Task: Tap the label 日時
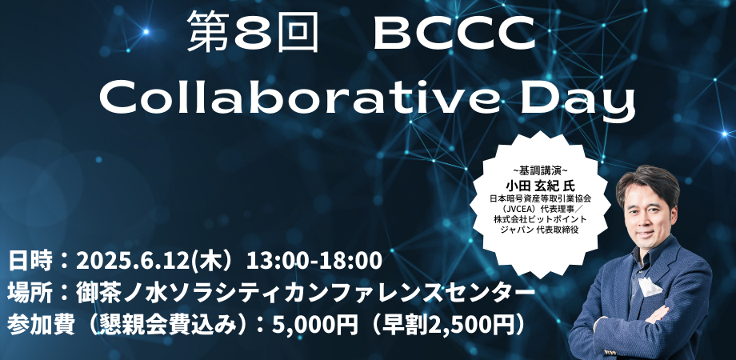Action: [x=30, y=260]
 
